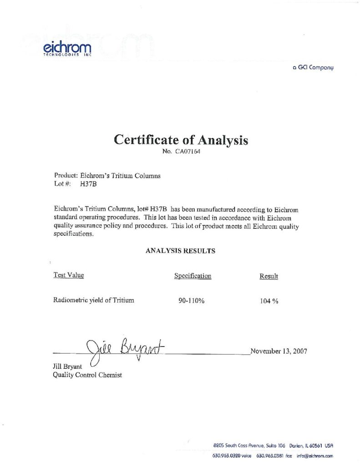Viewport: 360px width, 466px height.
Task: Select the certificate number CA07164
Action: click(x=188, y=152)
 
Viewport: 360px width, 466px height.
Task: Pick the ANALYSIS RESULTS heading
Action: click(x=180, y=251)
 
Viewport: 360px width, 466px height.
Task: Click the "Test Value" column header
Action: click(x=69, y=275)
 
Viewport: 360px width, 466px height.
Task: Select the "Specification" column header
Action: click(x=193, y=276)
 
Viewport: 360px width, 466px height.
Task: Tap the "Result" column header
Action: click(x=269, y=276)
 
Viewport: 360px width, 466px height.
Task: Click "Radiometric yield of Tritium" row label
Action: click(x=94, y=300)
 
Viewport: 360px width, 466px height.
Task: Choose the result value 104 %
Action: click(x=269, y=301)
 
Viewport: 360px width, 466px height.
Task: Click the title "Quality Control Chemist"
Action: click(x=87, y=375)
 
